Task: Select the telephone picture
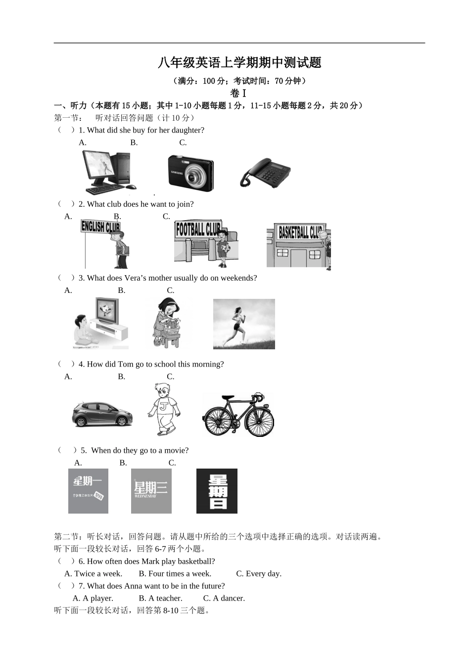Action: coord(265,173)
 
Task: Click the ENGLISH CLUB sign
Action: coord(100,227)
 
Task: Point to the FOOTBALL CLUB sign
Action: coord(198,229)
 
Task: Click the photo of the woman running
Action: coord(243,324)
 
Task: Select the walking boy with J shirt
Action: coord(163,409)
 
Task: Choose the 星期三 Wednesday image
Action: coord(151,490)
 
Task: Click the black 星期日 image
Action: coord(217,490)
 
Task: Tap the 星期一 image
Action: coord(88,490)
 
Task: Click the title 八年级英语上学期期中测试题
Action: coord(239,63)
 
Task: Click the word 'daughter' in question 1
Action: coord(186,130)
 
